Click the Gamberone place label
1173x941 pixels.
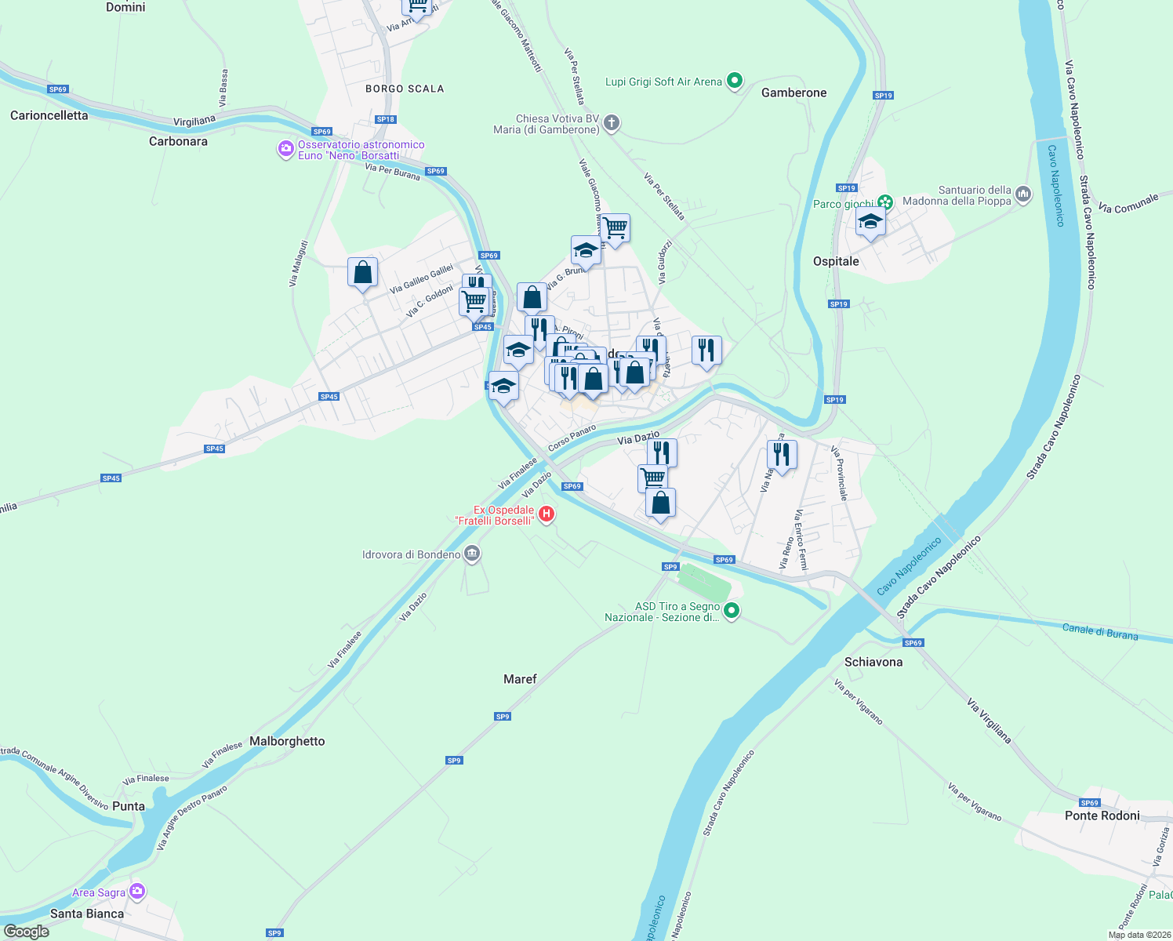pos(793,93)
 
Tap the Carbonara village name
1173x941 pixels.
pos(178,141)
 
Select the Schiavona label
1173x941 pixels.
pos(873,662)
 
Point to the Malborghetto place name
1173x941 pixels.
pos(287,741)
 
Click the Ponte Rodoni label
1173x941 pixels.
pos(1102,816)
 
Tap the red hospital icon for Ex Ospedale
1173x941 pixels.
pos(547,515)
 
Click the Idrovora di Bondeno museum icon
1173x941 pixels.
pos(472,554)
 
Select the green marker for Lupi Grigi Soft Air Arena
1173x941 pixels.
pos(735,81)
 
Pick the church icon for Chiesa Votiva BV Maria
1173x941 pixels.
pos(612,123)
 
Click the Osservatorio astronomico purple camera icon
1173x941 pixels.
pos(286,149)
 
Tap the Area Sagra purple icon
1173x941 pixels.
pos(138,892)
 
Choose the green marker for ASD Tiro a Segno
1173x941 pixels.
pos(732,611)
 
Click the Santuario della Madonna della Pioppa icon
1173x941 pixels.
pos(1022,194)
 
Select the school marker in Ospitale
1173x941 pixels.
pos(870,223)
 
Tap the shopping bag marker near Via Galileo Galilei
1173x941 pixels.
pos(362,273)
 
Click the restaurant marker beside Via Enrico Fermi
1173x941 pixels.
pos(782,455)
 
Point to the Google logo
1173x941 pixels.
pos(26,932)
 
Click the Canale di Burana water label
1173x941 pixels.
pos(1099,631)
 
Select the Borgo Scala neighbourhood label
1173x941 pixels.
pos(405,89)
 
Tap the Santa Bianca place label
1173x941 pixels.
pos(87,914)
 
